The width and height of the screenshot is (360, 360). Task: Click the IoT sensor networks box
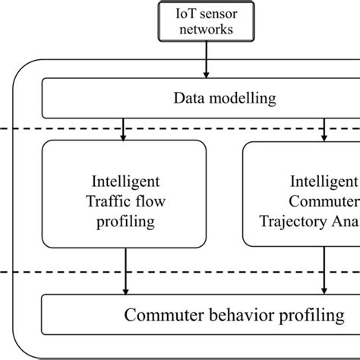click(x=205, y=21)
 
